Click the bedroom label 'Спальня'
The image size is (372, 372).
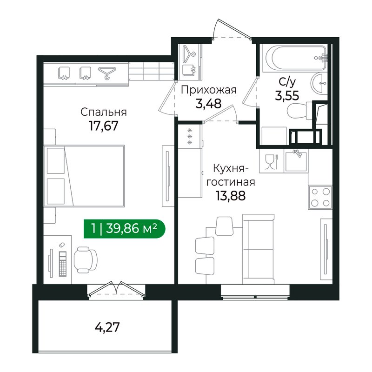pyautogui.click(x=104, y=112)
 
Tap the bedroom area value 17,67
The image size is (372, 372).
pyautogui.click(x=104, y=126)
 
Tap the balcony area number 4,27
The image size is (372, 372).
pyautogui.click(x=107, y=327)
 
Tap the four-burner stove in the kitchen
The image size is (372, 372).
pyautogui.click(x=319, y=196)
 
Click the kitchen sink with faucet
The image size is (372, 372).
pyautogui.click(x=296, y=161)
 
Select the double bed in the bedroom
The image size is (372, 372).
pyautogui.click(x=85, y=176)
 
